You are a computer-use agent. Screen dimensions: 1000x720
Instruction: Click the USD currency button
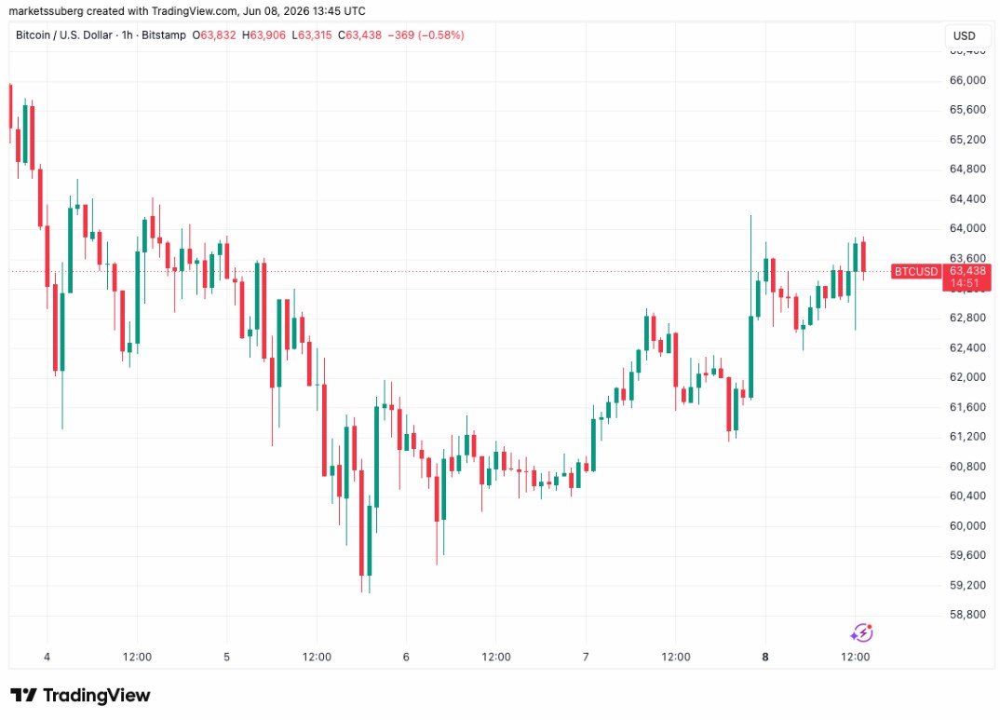pyautogui.click(x=964, y=35)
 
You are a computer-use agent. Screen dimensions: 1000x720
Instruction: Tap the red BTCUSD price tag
pyautogui.click(x=916, y=272)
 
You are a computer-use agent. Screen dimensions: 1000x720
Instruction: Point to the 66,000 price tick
pyautogui.click(x=967, y=80)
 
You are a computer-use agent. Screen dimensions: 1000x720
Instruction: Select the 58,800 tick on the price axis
pyautogui.click(x=967, y=614)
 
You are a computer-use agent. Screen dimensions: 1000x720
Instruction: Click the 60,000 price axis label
pyautogui.click(x=967, y=525)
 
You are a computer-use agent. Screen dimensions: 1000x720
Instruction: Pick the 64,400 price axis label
pyautogui.click(x=967, y=199)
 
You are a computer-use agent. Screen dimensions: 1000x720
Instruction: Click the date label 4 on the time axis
pyautogui.click(x=47, y=657)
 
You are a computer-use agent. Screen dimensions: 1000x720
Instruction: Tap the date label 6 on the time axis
pyautogui.click(x=406, y=657)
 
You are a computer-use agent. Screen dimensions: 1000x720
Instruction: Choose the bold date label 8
pyautogui.click(x=765, y=657)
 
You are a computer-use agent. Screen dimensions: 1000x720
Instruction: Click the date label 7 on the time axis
pyautogui.click(x=586, y=657)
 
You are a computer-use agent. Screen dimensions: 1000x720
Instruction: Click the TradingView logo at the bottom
pyautogui.click(x=80, y=695)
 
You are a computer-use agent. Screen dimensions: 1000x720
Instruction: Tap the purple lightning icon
pyautogui.click(x=861, y=632)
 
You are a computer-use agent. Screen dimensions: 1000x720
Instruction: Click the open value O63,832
pyautogui.click(x=214, y=35)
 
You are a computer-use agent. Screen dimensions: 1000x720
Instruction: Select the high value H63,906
pyautogui.click(x=264, y=35)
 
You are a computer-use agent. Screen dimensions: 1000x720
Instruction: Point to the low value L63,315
pyautogui.click(x=312, y=35)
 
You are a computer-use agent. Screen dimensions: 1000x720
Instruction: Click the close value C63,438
pyautogui.click(x=359, y=35)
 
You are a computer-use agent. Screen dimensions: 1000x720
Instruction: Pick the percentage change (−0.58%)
pyautogui.click(x=440, y=35)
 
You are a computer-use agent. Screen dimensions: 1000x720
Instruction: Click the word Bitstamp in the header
pyautogui.click(x=164, y=35)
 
